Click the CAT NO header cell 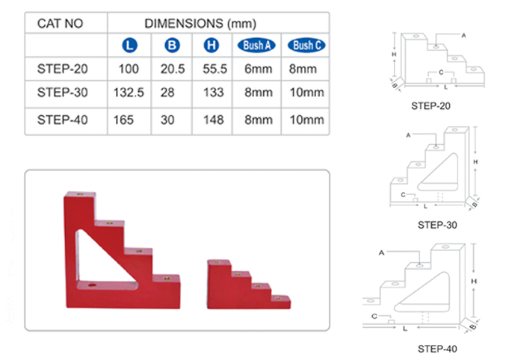[x=60, y=24]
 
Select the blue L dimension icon [x=130, y=45]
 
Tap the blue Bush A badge [x=256, y=45]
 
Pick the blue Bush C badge [x=306, y=45]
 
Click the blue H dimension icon [x=212, y=45]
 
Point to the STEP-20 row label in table [x=63, y=69]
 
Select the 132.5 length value [x=129, y=93]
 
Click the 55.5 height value [x=215, y=69]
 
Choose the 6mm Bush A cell [x=258, y=69]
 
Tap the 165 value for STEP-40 [x=123, y=120]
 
